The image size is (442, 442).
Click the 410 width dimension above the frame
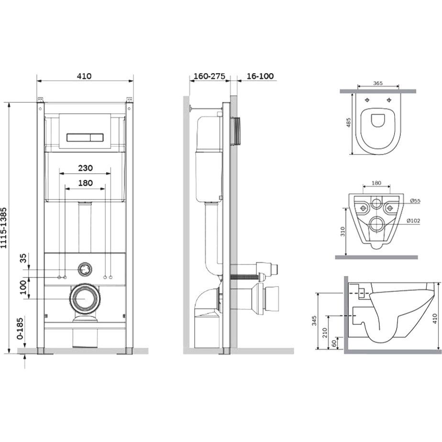(84, 76)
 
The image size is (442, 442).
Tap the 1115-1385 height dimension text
(4, 228)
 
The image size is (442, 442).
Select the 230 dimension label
(85, 168)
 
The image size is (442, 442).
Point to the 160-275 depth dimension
(209, 76)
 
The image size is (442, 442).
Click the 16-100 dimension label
(260, 76)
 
